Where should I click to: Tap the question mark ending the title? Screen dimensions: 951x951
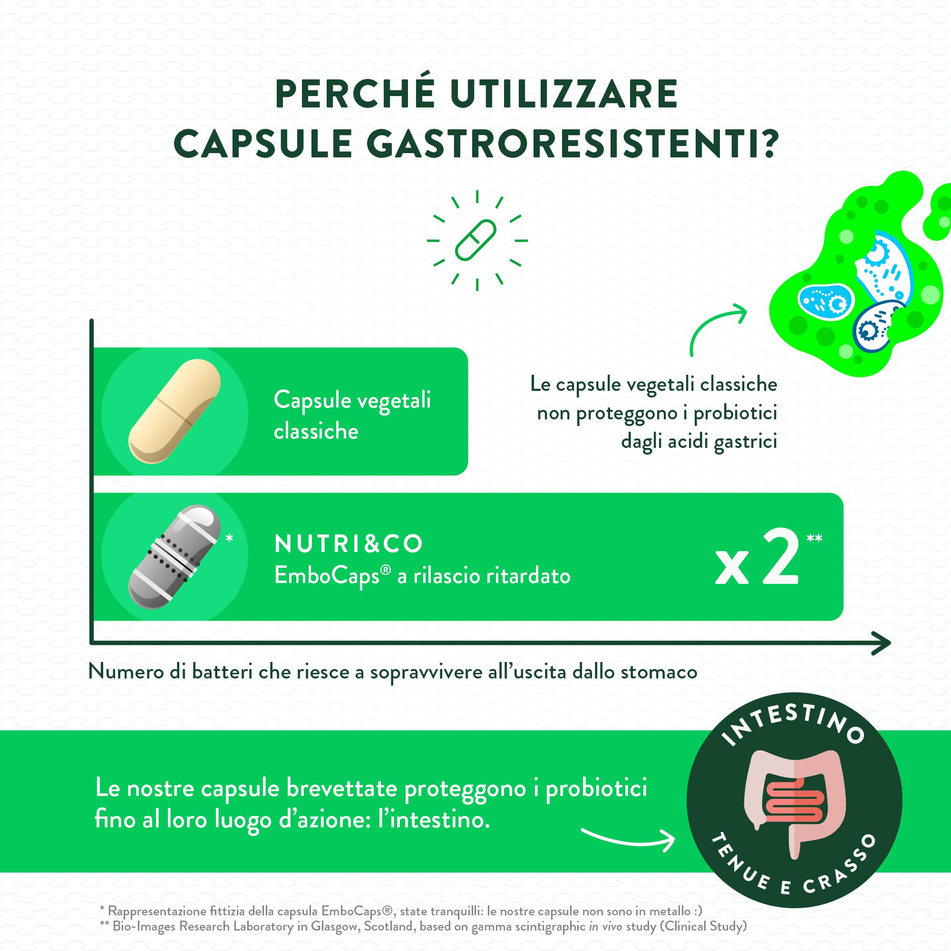click(x=765, y=143)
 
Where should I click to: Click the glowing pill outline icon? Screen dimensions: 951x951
click(x=475, y=240)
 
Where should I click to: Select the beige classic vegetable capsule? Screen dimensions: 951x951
click(x=174, y=411)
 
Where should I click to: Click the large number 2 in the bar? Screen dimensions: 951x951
click(x=779, y=558)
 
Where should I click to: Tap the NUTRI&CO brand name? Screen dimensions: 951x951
click(x=349, y=543)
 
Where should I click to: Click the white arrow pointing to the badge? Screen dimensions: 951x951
click(x=628, y=840)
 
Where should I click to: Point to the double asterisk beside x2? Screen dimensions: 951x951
click(x=814, y=538)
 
